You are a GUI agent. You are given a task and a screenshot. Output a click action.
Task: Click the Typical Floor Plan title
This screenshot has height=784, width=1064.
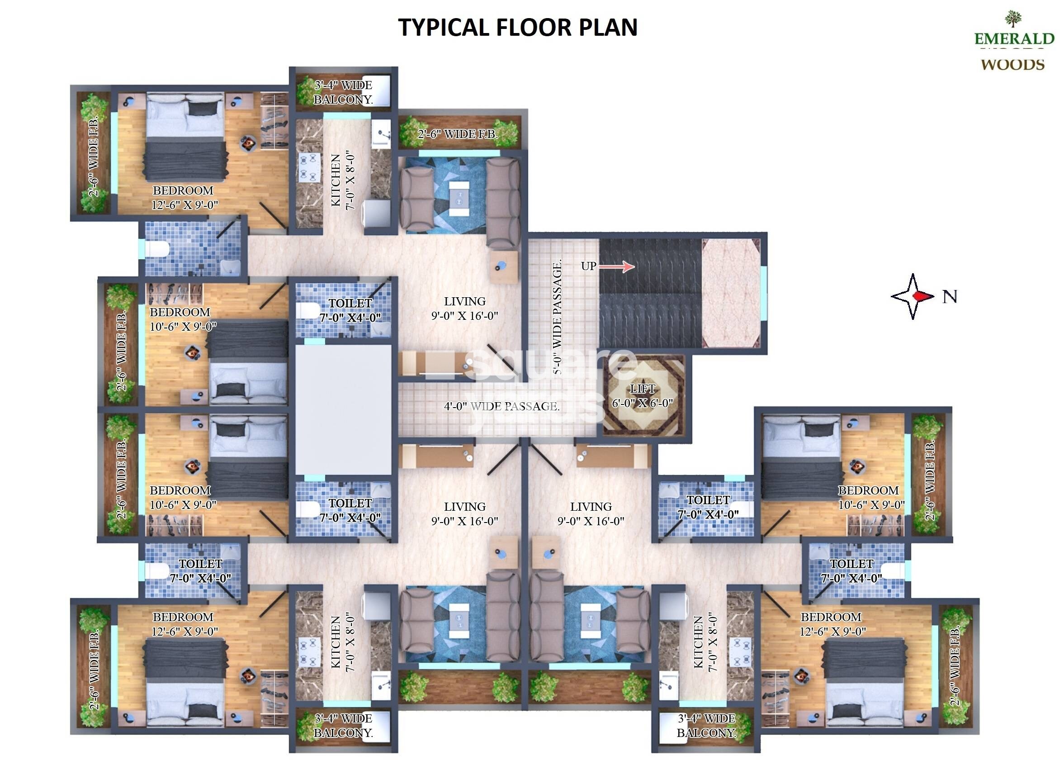click(518, 27)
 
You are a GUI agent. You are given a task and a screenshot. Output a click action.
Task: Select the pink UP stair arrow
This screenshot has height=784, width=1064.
click(616, 267)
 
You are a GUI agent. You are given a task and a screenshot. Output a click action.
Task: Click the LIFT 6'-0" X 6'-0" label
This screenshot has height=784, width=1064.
click(642, 396)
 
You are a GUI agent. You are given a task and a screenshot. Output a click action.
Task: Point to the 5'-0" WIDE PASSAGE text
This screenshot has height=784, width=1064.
click(558, 317)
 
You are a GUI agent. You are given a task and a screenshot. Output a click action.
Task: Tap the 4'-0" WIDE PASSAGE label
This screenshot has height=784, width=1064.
click(501, 406)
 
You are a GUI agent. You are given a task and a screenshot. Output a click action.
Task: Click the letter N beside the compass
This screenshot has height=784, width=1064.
click(949, 297)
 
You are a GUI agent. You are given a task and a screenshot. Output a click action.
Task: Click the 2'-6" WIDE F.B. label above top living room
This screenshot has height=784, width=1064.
click(458, 134)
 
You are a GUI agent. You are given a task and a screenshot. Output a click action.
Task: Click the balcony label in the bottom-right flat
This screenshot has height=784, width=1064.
click(706, 726)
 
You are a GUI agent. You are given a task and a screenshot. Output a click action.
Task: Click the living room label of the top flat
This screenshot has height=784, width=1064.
click(464, 309)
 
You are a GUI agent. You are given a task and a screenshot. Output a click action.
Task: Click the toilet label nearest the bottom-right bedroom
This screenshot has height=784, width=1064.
click(851, 571)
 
